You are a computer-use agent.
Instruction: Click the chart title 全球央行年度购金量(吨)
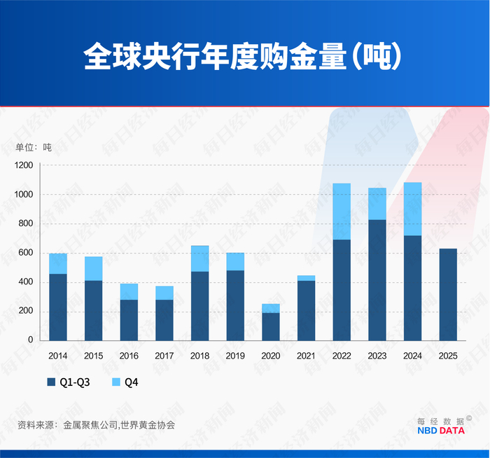tap(244, 57)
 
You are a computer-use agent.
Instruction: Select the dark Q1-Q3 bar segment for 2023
tap(377, 279)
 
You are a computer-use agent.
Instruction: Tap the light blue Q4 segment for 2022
tap(342, 211)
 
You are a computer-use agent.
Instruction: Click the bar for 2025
tap(448, 294)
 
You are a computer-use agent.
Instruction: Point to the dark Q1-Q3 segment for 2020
tap(271, 326)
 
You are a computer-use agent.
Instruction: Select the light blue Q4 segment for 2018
tap(199, 258)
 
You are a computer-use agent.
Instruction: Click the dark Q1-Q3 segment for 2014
tap(58, 307)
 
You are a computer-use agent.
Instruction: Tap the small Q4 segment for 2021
tap(306, 278)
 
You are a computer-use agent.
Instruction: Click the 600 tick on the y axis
tap(27, 253)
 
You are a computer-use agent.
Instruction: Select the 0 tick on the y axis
tap(31, 340)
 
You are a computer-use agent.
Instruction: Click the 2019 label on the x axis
tap(235, 356)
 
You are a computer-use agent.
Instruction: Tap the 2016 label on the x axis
tap(129, 356)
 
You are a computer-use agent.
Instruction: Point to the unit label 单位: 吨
tap(34, 147)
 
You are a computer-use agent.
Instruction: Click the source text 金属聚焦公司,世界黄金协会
tap(119, 424)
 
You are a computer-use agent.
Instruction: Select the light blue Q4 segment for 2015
tap(93, 268)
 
